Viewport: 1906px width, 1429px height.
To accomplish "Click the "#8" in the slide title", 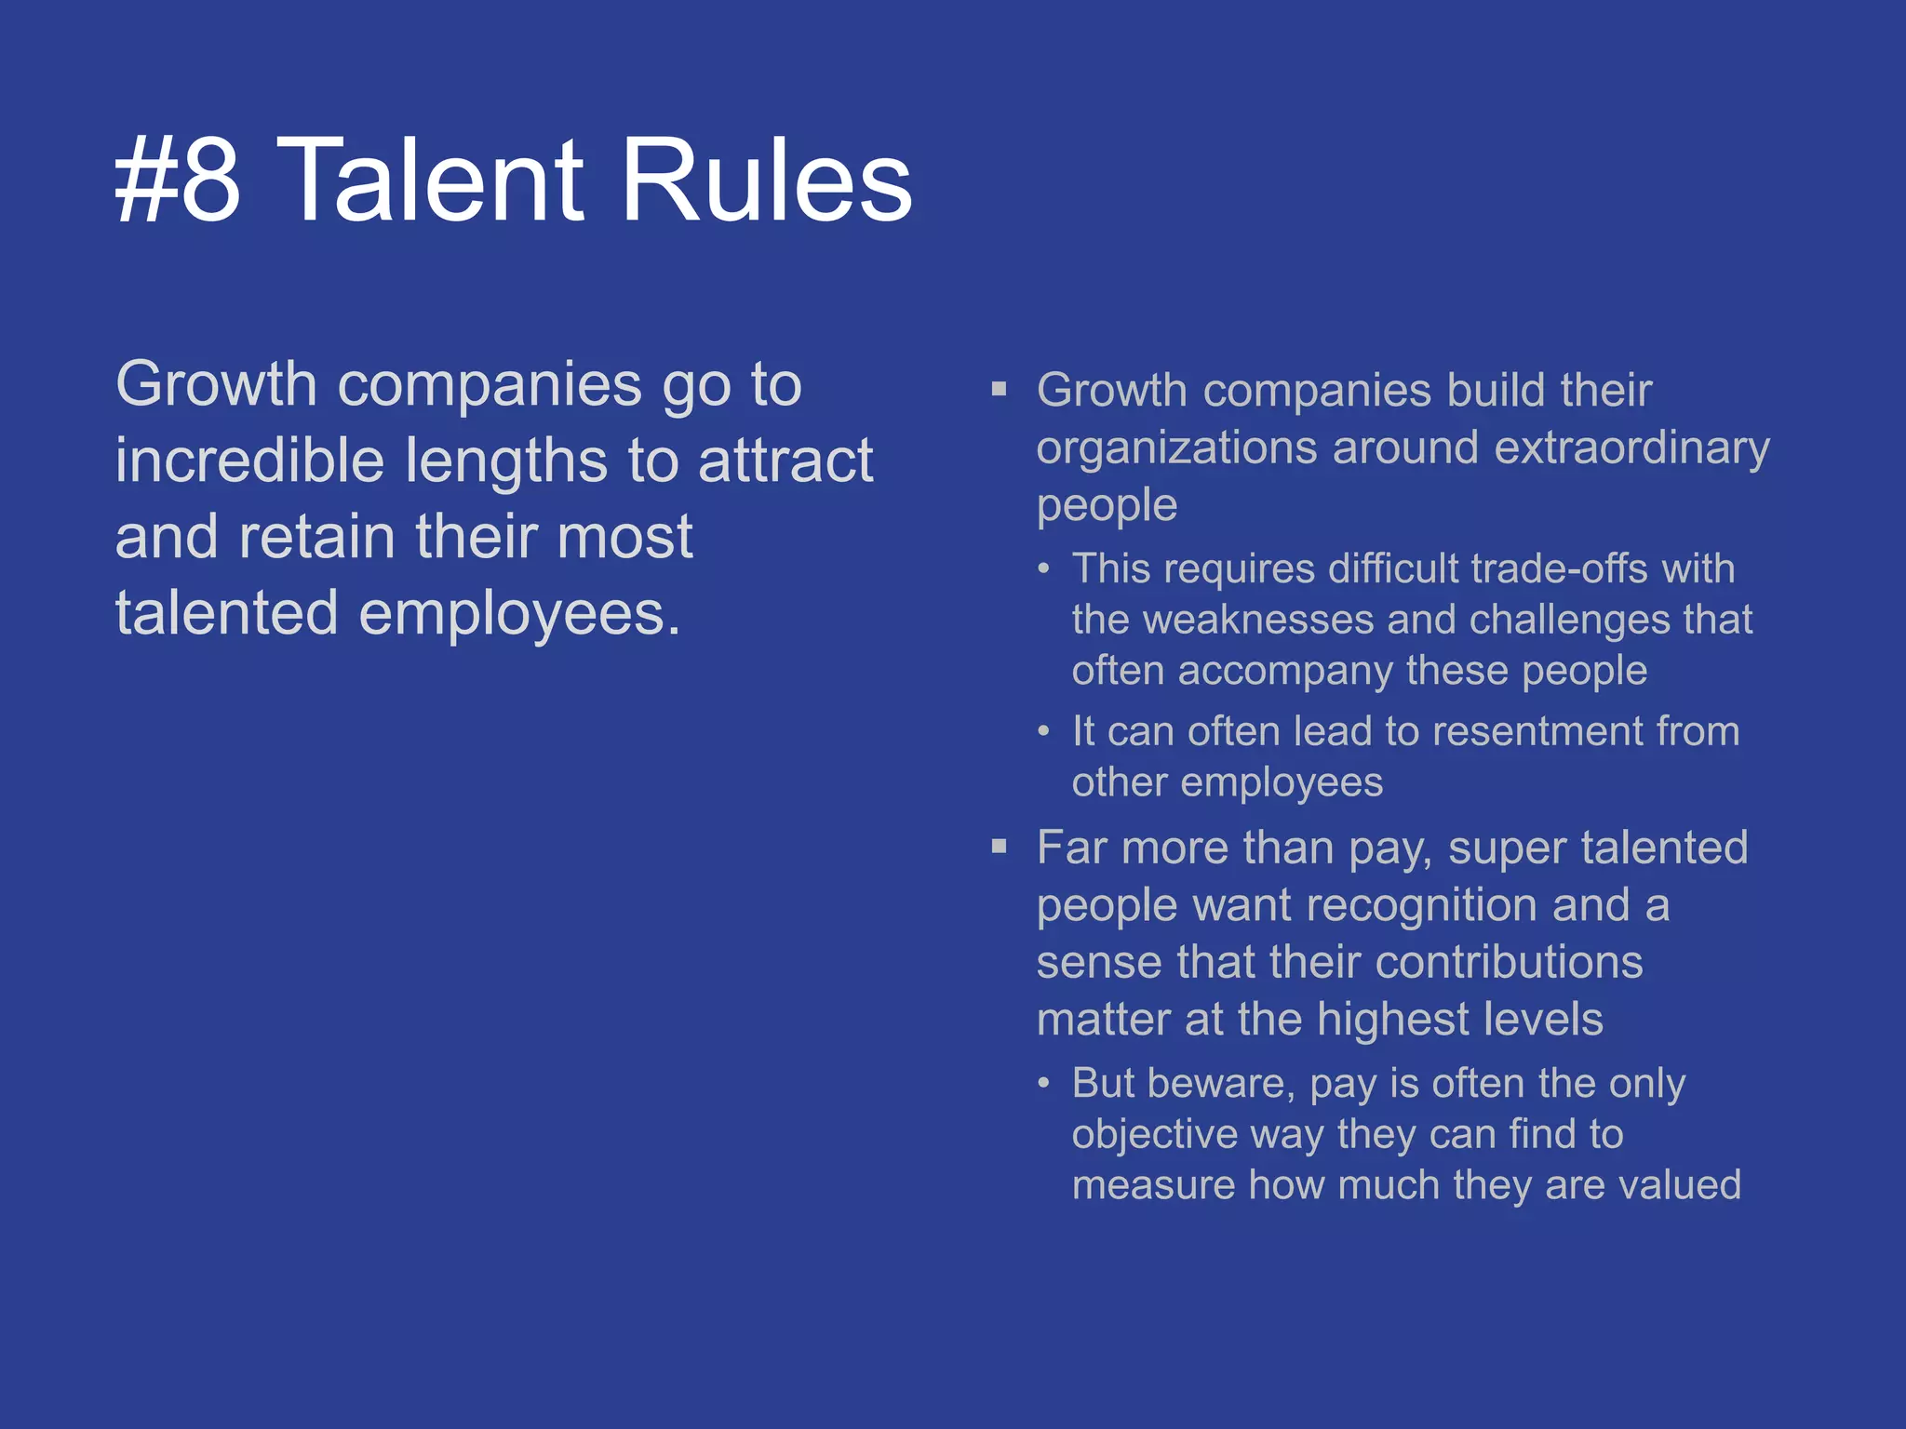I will click(x=178, y=180).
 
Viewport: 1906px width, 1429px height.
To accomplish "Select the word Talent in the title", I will click(x=430, y=180).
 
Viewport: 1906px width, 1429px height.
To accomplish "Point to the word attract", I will click(x=785, y=461).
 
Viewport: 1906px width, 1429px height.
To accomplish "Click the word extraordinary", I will click(x=1631, y=448).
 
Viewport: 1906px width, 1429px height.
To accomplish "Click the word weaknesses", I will click(x=1258, y=620).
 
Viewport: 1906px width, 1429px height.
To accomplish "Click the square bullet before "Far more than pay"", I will click(x=1000, y=847).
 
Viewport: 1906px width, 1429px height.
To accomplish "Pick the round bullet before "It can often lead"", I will click(x=1044, y=731).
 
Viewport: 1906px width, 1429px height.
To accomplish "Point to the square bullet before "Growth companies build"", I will click(x=1000, y=389).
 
